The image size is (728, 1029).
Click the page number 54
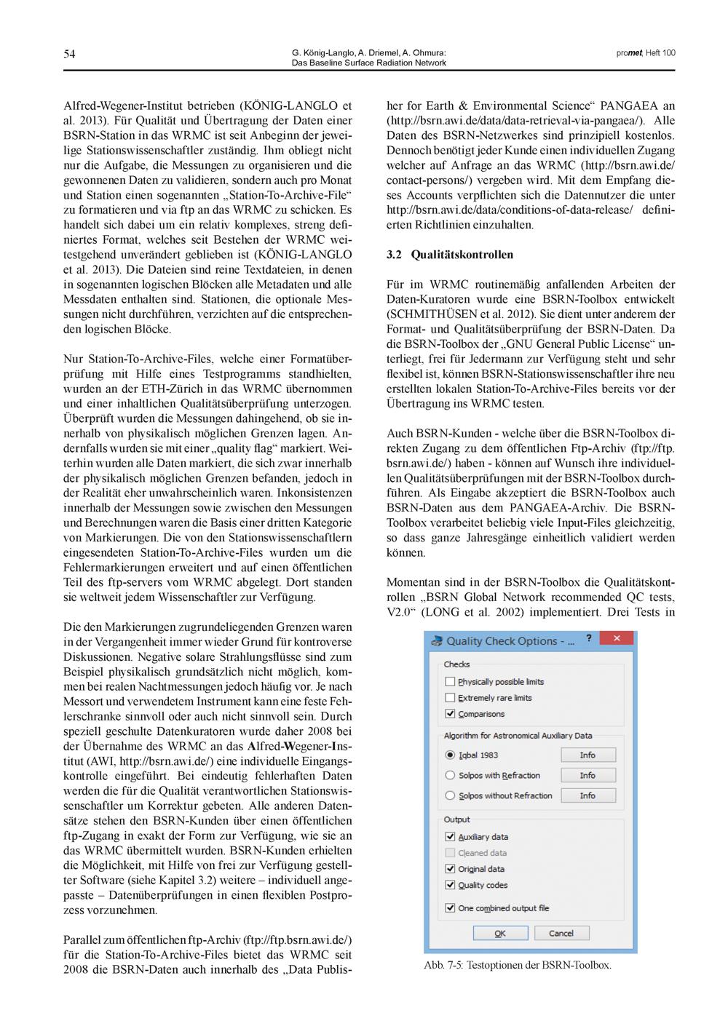pos(69,54)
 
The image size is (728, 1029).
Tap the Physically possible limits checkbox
pos(450,682)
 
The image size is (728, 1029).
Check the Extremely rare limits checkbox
pos(450,698)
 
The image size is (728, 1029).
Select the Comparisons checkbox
pos(450,714)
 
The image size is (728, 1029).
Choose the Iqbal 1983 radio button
pos(450,755)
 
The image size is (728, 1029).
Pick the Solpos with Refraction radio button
pos(450,776)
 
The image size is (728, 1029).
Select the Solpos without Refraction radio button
pos(450,796)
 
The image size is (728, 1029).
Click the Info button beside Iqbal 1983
pos(587,755)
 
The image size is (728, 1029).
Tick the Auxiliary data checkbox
pos(450,837)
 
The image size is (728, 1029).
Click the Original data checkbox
pos(450,869)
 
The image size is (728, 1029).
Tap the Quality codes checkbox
pos(450,885)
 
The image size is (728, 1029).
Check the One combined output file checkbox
pos(450,908)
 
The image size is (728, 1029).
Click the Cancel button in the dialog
pos(561,933)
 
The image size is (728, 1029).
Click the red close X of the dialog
pos(617,639)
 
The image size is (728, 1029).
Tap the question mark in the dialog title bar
pos(589,638)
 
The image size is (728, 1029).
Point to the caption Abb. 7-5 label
pos(443,966)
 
